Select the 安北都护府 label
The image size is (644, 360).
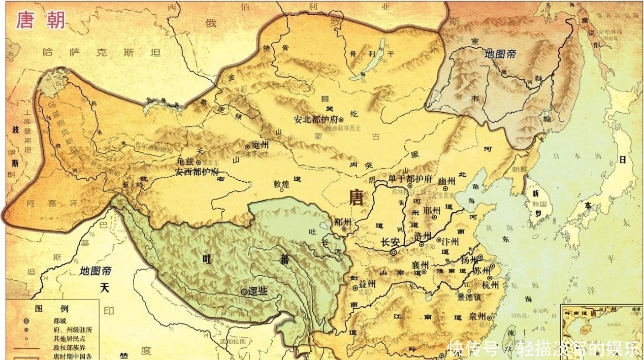point(315,120)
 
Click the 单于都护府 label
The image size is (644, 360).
point(410,180)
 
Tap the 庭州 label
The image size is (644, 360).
point(260,145)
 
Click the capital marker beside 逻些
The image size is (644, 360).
point(245,291)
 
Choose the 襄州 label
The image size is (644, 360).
point(420,266)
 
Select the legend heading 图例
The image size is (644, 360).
point(45,308)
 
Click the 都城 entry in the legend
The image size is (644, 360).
point(59,321)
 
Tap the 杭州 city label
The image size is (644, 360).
point(490,285)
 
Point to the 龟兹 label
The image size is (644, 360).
point(185,161)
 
